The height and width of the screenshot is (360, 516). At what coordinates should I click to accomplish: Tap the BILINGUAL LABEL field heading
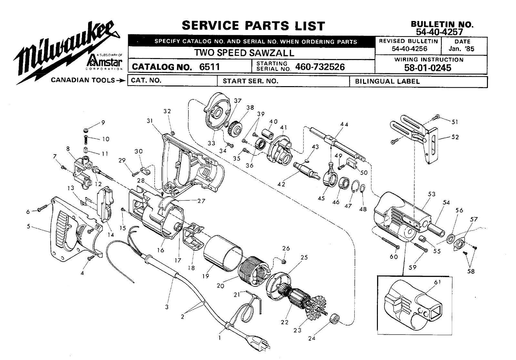tap(387, 81)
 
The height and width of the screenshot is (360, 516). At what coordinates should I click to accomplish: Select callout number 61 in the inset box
tap(437, 282)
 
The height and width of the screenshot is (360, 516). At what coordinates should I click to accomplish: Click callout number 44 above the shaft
tap(344, 125)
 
